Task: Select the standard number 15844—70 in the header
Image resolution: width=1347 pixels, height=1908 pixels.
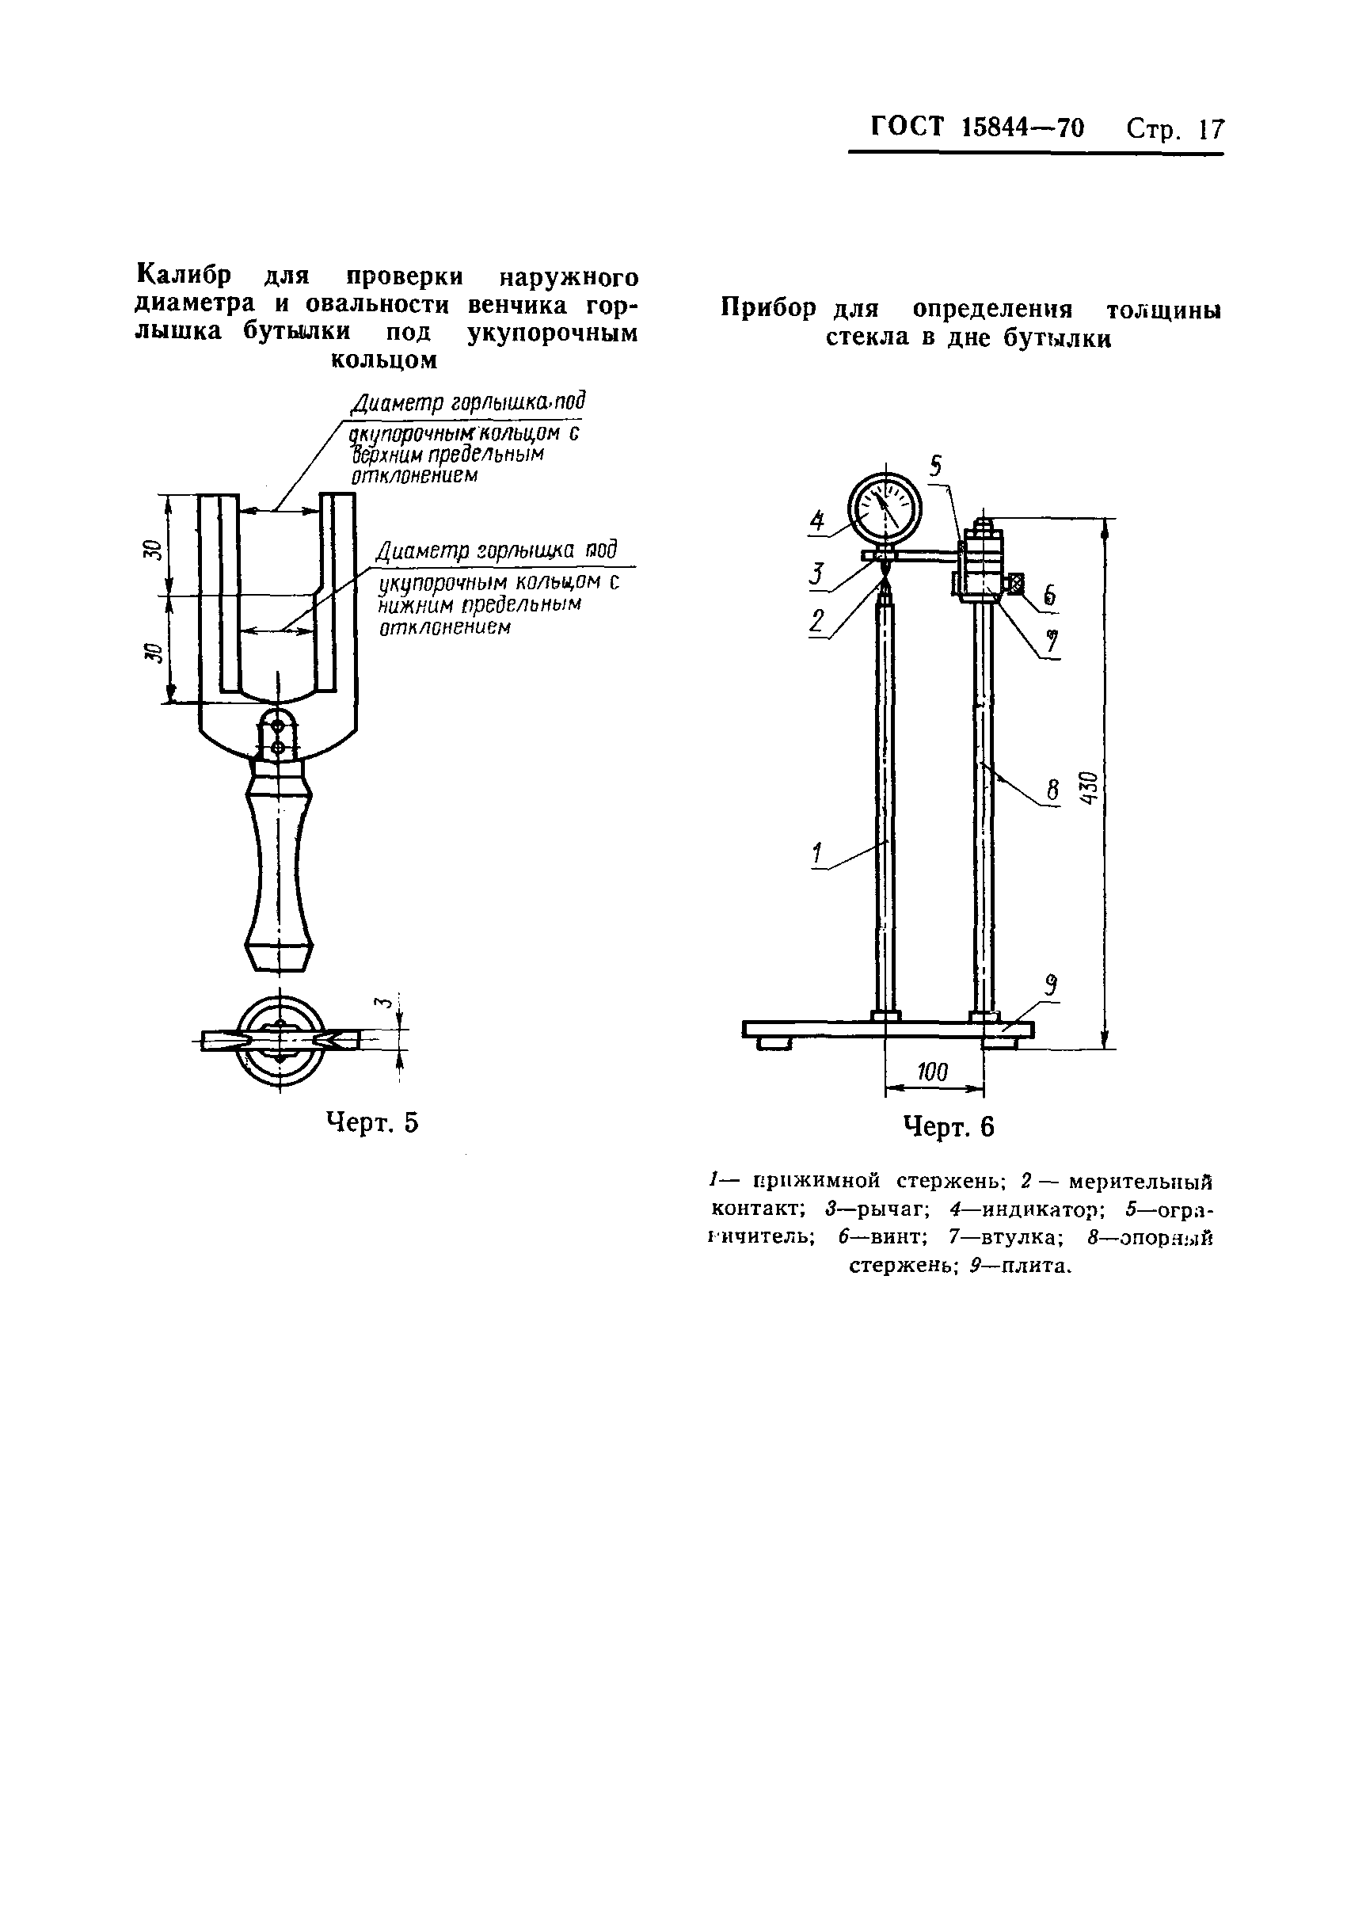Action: point(1022,128)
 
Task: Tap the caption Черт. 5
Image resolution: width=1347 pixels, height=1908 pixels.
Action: point(371,1122)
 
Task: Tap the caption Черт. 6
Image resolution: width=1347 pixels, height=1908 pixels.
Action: point(948,1127)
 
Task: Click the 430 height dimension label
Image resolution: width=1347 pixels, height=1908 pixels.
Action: point(1091,786)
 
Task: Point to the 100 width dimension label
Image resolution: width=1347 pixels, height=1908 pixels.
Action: point(932,1072)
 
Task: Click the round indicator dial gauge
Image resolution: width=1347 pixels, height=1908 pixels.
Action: point(885,509)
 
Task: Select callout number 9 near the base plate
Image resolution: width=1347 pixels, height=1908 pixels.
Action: point(1051,986)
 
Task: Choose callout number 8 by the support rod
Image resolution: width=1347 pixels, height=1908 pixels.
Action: point(1053,789)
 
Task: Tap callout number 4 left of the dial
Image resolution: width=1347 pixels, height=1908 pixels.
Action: point(818,521)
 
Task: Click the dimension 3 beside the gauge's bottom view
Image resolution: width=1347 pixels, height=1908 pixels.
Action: point(383,1003)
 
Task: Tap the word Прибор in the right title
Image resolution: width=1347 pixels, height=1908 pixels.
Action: point(769,308)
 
